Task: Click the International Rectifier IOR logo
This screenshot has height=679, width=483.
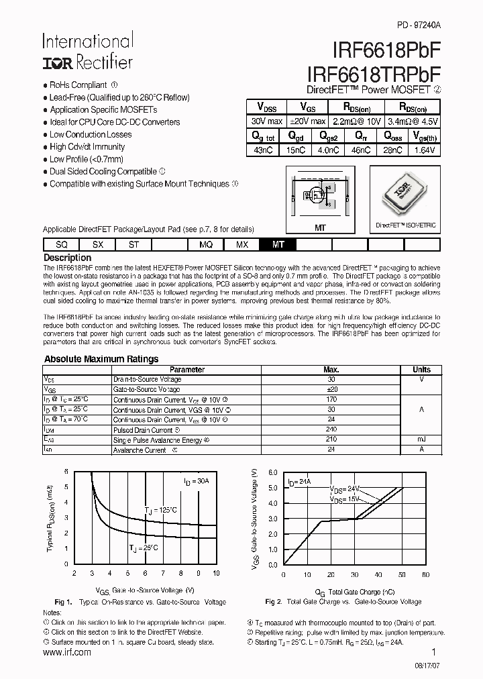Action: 58,63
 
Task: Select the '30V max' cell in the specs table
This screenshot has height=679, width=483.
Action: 266,121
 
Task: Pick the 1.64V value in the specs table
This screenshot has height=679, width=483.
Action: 424,150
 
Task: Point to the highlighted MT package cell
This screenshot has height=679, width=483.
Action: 278,244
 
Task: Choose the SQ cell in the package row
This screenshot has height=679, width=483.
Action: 61,244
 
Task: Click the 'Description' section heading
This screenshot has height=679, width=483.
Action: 67,258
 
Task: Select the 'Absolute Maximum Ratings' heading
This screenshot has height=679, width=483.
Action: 101,359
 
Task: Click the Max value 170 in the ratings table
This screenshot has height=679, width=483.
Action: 331,399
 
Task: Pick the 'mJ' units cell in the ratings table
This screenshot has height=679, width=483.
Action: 421,439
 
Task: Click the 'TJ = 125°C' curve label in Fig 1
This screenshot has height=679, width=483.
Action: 162,511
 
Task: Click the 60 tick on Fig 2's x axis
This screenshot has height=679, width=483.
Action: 425,574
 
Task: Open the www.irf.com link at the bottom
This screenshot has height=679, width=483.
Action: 66,653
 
